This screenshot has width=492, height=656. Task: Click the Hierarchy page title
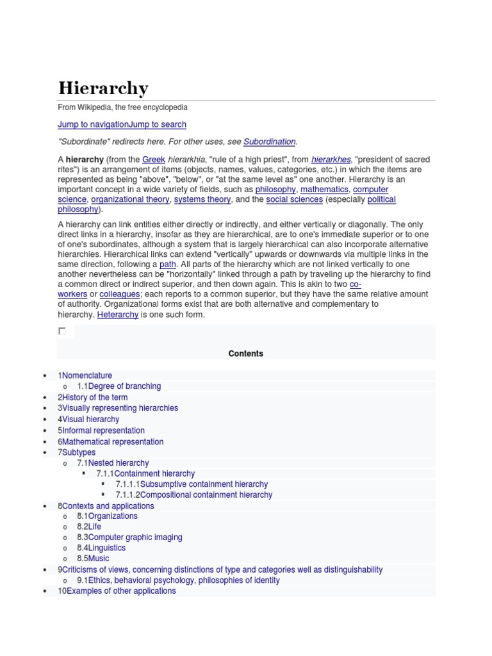click(103, 88)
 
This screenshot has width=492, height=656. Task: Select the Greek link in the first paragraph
click(154, 159)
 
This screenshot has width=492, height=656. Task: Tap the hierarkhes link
click(331, 159)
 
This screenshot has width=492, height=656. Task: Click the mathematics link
click(324, 190)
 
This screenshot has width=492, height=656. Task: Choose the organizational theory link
click(130, 199)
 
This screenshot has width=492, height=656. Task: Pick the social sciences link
click(294, 199)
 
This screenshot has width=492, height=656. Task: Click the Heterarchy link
click(118, 315)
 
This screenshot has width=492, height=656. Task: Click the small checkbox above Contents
click(62, 331)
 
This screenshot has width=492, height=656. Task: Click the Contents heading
click(245, 354)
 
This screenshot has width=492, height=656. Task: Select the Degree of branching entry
click(124, 386)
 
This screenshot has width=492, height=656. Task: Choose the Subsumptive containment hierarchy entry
click(204, 484)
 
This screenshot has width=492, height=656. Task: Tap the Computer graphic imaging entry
click(135, 537)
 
